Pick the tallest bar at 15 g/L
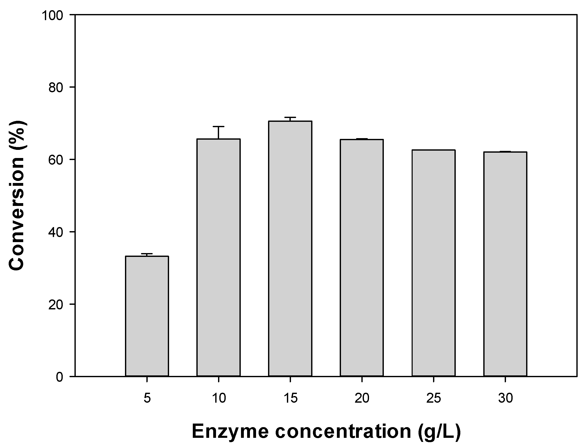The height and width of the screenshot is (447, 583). [x=290, y=248]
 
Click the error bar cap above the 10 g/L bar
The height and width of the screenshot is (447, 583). [x=219, y=127]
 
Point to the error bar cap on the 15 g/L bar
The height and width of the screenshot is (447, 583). [x=290, y=117]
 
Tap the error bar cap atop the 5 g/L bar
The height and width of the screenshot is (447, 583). [x=147, y=254]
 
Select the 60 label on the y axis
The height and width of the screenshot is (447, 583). [x=56, y=160]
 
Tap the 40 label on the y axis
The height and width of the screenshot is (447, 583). [x=56, y=232]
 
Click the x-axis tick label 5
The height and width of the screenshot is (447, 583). [x=147, y=398]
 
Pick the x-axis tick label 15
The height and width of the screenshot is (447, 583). [x=290, y=398]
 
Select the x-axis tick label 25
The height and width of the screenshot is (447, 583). [x=434, y=398]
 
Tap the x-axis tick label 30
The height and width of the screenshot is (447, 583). [x=505, y=398]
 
